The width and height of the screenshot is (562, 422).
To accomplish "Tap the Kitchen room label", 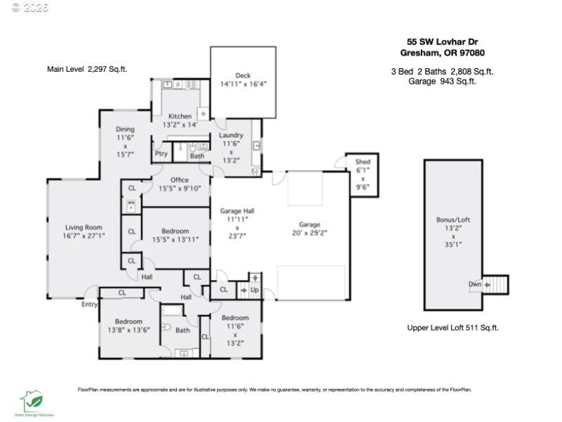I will pos(180,116).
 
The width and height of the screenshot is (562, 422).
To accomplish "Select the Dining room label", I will pos(125,129).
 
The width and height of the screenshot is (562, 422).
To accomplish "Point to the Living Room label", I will pos(84,227).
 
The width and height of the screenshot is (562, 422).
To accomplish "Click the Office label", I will pos(180,179).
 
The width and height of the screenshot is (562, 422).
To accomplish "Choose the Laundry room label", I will pos(231,135).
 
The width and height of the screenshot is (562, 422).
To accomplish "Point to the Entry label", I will pos(89,305).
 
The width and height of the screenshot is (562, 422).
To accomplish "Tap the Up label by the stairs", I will pos(254,289).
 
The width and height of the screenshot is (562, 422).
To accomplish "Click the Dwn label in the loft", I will pos(475,285).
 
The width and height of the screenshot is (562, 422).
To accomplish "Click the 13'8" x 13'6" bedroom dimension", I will pos(129,330).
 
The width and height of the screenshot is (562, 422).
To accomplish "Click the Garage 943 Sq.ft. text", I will pos(442,81).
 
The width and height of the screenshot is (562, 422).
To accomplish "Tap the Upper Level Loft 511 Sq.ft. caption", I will pos(453,328).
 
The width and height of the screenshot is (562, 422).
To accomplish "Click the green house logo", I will pos(31,401).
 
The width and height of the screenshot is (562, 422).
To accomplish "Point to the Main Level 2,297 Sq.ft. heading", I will pos(87,69).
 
